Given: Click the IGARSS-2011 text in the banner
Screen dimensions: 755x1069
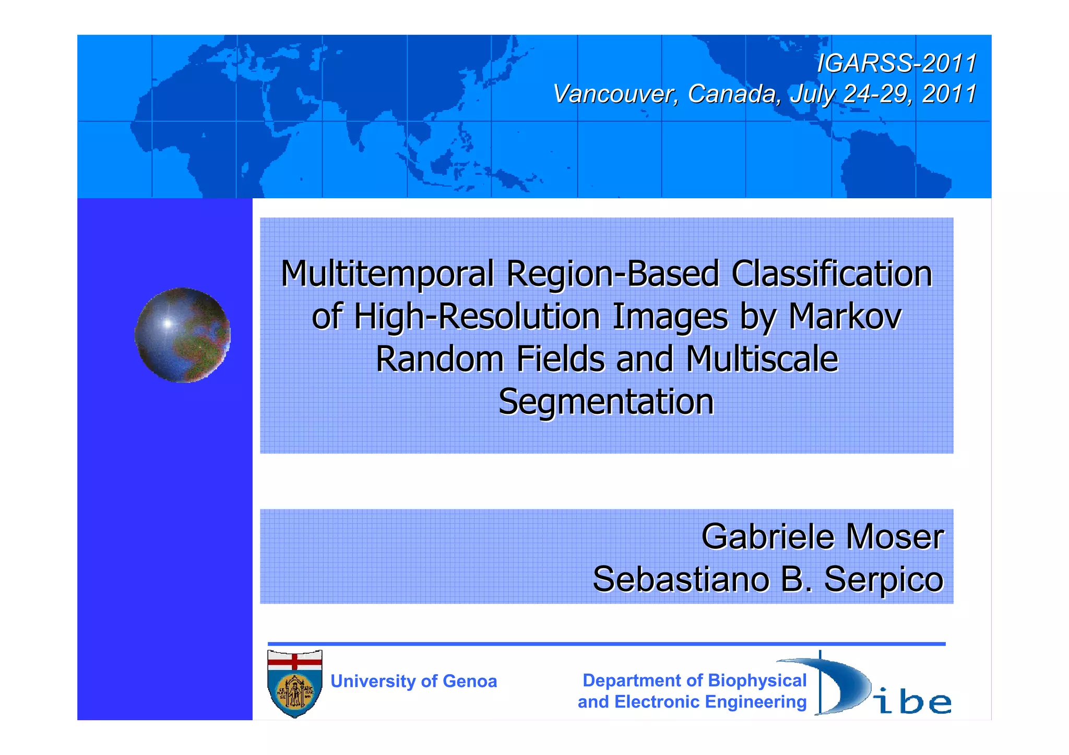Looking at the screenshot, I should pos(896,64).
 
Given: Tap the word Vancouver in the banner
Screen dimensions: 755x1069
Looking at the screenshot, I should pos(615,94).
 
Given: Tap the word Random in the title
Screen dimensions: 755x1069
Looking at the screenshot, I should pos(440,359).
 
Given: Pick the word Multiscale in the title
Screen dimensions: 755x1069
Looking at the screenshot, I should pos(762,359).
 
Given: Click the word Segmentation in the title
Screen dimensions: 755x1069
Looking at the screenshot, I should pos(606,402).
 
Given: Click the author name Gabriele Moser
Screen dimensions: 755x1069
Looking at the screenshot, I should pos(822,536).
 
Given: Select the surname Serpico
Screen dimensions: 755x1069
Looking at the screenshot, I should pos(884,579).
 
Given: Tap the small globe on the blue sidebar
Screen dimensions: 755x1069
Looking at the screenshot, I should pos(182,335).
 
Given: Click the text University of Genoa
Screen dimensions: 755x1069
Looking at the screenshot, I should pos(413,681).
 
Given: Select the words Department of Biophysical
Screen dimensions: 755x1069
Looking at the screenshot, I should pos(694,680).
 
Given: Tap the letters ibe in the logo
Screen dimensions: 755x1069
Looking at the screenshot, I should pos(913,702).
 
